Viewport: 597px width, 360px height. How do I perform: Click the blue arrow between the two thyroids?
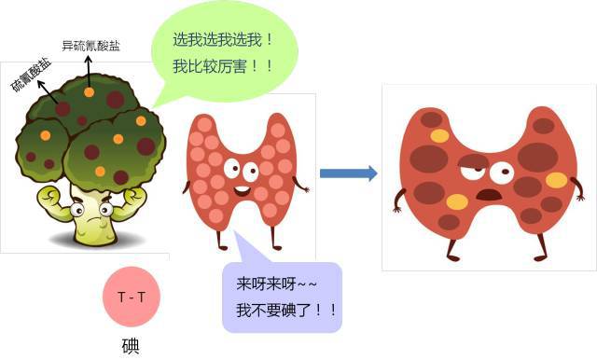[x=348, y=173]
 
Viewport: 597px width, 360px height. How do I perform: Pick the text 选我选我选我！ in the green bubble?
[x=224, y=40]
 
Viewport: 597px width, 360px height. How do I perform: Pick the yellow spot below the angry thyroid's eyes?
[x=457, y=201]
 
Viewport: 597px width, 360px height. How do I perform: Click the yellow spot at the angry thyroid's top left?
[x=436, y=133]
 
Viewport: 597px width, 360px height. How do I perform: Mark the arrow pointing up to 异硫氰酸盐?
[x=90, y=67]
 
